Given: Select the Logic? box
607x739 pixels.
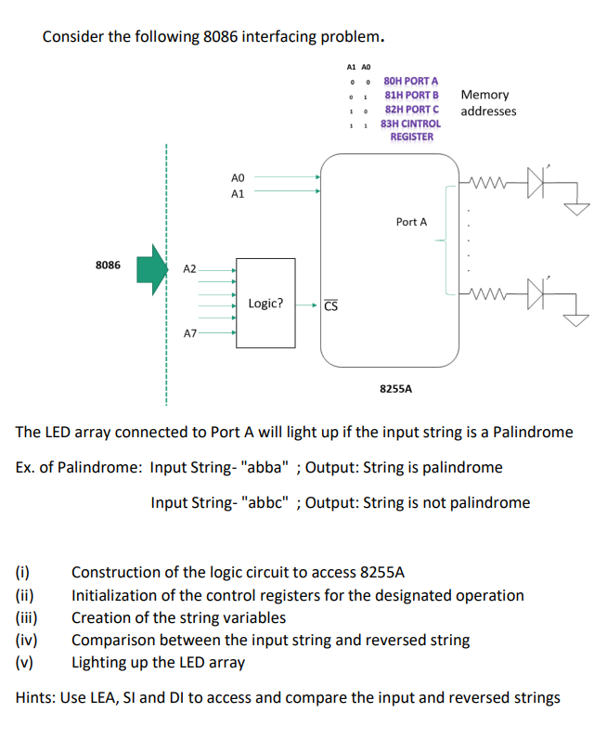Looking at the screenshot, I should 265,303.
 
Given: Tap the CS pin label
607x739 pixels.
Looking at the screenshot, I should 331,305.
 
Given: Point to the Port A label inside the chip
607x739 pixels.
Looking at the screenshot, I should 411,222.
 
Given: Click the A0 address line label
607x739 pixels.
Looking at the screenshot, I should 238,176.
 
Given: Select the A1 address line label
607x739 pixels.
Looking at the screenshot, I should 238,193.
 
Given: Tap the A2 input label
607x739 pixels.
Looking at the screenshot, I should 189,268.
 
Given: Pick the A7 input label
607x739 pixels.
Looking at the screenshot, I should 189,331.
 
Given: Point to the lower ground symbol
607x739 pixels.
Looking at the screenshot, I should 577,320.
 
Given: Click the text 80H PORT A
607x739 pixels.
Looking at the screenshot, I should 411,82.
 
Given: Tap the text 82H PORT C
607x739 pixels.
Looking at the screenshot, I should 411,109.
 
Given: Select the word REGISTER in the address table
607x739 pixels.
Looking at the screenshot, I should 411,136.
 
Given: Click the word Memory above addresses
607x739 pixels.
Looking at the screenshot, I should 484,95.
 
